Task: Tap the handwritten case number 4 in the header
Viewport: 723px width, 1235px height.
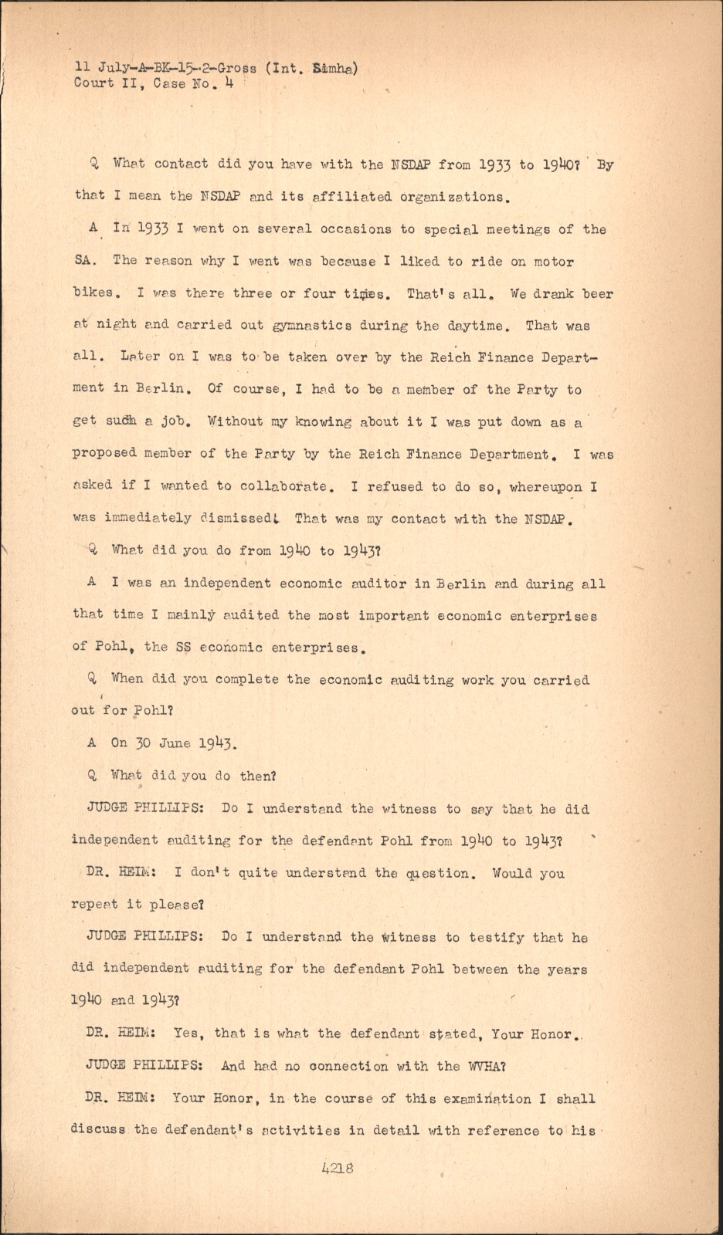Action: (x=229, y=83)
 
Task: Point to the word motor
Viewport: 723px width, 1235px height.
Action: (x=553, y=261)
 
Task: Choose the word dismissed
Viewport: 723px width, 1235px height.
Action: (x=230, y=519)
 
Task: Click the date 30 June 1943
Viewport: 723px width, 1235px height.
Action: (x=174, y=743)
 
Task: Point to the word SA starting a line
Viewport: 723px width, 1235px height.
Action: (x=83, y=261)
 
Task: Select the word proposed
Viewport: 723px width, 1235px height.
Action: (x=104, y=454)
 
